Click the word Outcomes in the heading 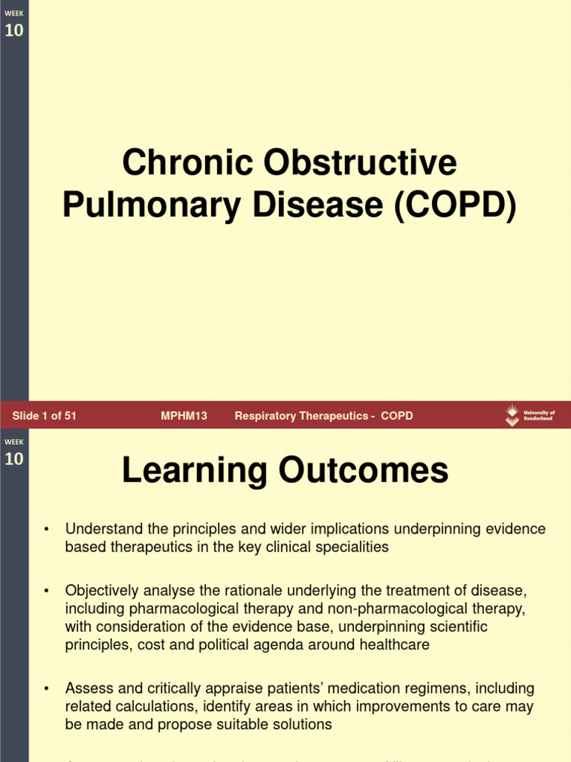tap(363, 471)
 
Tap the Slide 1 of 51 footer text tap(45, 416)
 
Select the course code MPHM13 tap(184, 416)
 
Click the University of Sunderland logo tap(529, 415)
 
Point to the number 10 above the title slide tap(14, 31)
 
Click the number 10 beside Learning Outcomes tap(14, 458)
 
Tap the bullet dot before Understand tap(46, 530)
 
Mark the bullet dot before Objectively tap(46, 592)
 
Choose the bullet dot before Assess tap(46, 689)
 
